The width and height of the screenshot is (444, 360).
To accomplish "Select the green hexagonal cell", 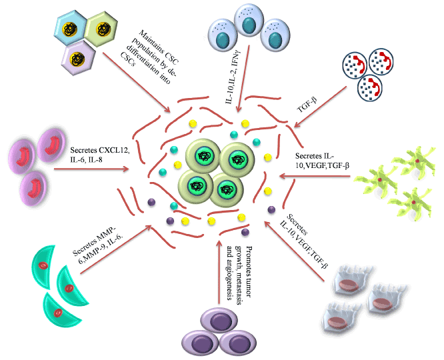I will point(103,31).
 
